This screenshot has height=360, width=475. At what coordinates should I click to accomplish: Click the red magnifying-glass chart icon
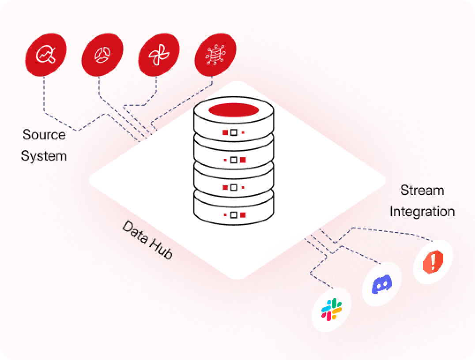coord(46,54)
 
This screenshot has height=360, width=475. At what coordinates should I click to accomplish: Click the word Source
coord(44,134)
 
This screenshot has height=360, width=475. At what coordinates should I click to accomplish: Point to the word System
coord(44,156)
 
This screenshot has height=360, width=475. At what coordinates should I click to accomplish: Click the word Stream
coord(422,191)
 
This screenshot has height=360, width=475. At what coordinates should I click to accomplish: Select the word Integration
coord(422,211)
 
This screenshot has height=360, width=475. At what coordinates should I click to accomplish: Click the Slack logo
coord(332,309)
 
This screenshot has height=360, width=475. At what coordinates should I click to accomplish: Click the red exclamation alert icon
coord(433,262)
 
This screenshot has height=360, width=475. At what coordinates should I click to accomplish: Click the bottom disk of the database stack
coord(234,214)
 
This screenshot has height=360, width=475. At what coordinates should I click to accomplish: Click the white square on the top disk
coord(234,132)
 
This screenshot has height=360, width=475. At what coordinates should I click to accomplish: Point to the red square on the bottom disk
coord(242,215)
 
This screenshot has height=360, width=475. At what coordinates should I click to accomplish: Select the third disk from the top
coord(234,187)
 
